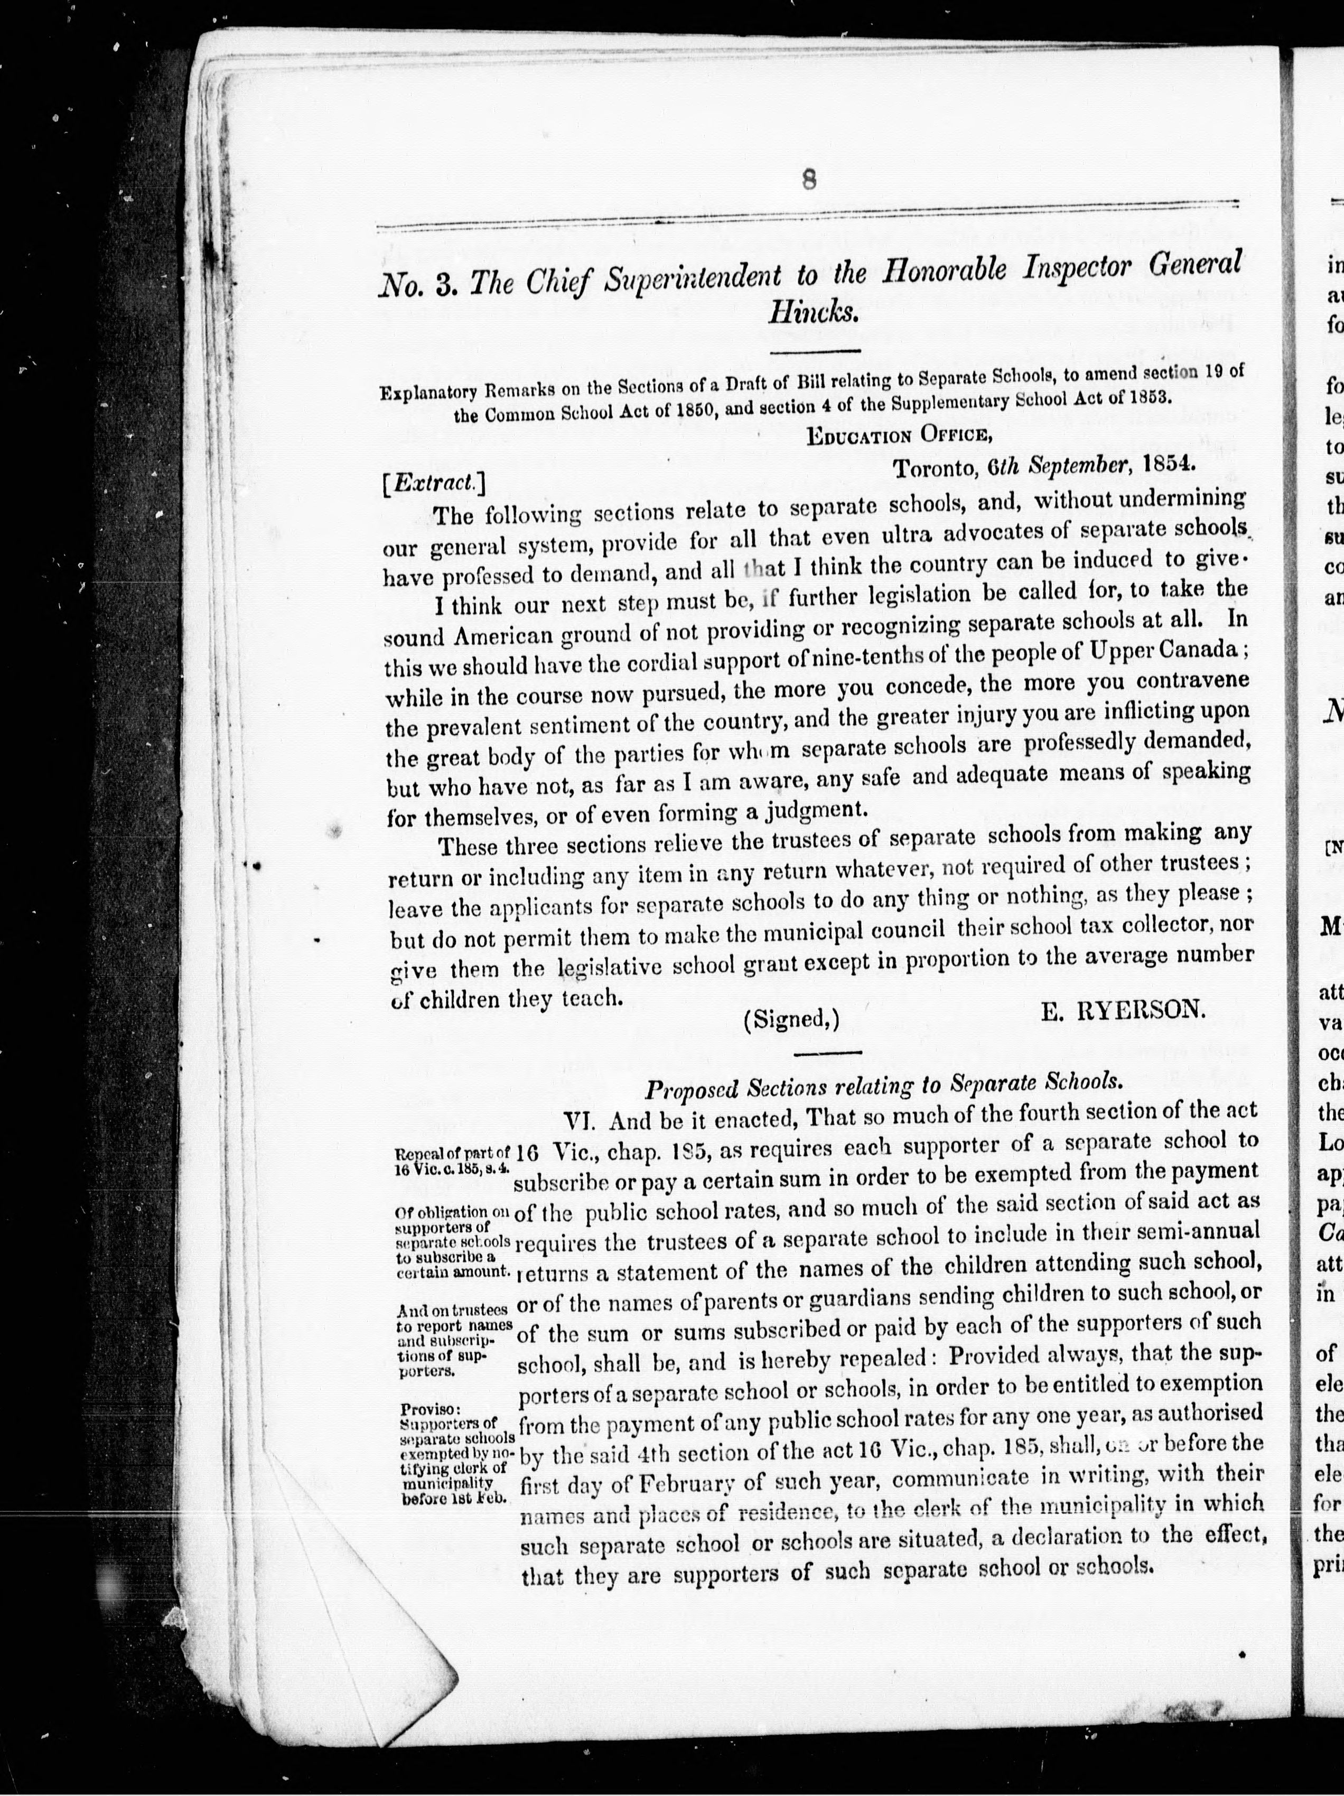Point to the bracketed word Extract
tap(434, 484)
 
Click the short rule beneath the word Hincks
tap(815, 351)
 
